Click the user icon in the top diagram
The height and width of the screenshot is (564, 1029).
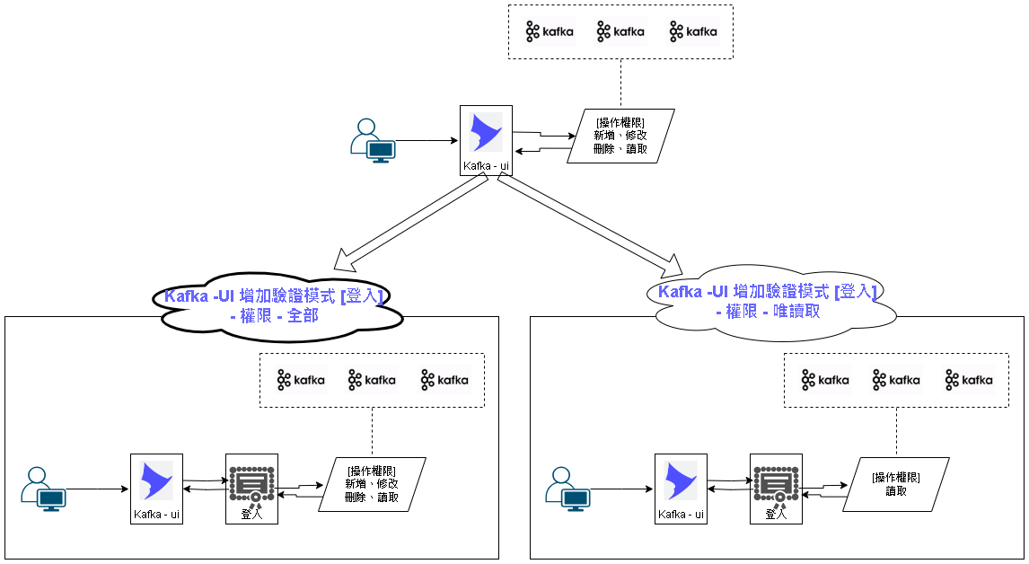(x=372, y=141)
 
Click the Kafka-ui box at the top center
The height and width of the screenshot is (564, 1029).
(x=486, y=141)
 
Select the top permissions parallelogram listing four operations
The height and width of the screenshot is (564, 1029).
(x=620, y=136)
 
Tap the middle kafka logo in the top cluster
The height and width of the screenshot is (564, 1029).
(x=620, y=32)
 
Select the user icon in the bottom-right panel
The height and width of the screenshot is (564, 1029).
(x=568, y=489)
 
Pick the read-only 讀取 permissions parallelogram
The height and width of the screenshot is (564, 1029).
(x=895, y=485)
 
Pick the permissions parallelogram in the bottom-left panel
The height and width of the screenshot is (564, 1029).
(x=372, y=485)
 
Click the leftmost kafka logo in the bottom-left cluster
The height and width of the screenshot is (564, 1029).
(x=298, y=380)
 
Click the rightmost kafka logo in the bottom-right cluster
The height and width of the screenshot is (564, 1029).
(x=969, y=380)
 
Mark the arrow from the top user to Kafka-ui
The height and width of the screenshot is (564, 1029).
(x=427, y=141)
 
